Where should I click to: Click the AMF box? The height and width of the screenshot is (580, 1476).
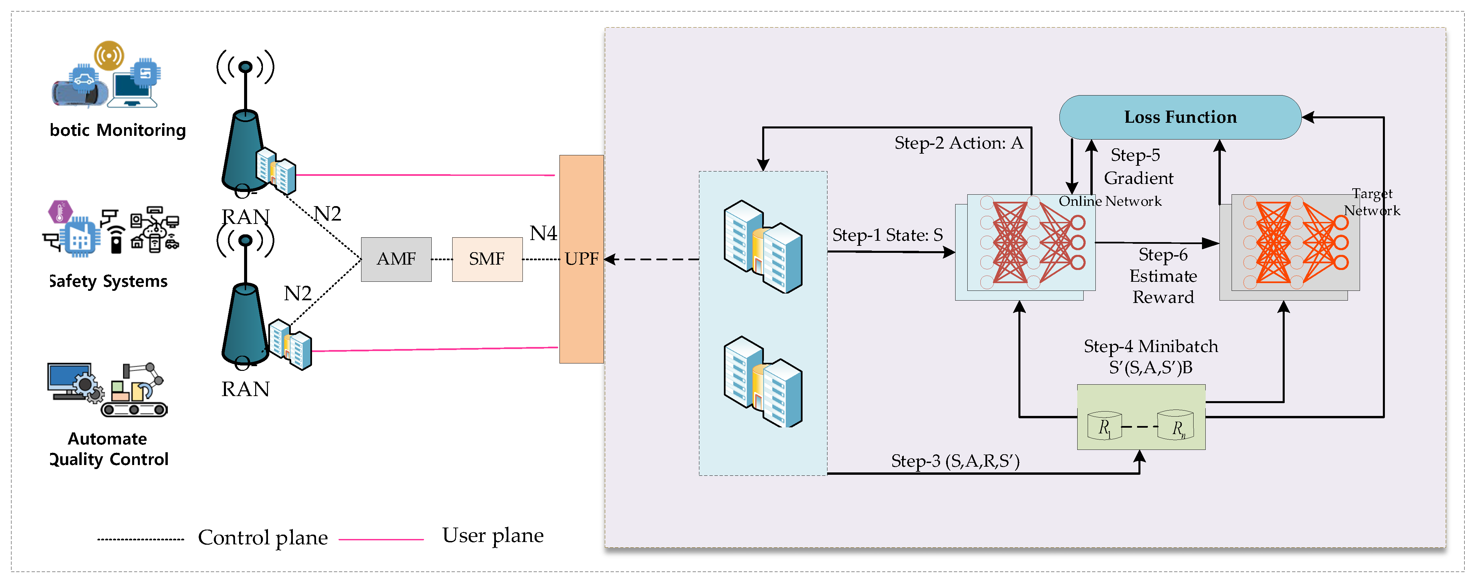tap(396, 259)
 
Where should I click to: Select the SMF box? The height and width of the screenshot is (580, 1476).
tap(487, 259)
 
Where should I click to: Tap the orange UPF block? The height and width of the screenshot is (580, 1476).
tap(581, 259)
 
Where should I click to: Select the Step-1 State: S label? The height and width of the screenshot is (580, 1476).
tap(887, 235)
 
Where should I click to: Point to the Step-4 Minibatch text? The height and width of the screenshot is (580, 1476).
tap(1151, 346)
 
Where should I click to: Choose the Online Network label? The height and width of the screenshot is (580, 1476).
tap(1110, 201)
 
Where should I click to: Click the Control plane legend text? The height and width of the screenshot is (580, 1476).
tap(263, 538)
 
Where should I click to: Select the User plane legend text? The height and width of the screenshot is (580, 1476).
tap(493, 535)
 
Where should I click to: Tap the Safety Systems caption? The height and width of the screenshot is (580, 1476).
tap(109, 281)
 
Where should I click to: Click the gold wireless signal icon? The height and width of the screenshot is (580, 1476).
tap(109, 55)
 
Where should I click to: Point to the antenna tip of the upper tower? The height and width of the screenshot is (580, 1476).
tap(245, 67)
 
